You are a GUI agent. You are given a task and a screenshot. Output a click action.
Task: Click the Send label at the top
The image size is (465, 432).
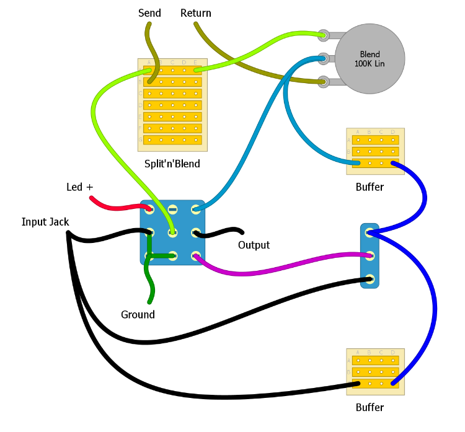pyautogui.click(x=149, y=13)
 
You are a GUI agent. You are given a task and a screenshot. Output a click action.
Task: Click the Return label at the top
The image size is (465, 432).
pyautogui.click(x=196, y=13)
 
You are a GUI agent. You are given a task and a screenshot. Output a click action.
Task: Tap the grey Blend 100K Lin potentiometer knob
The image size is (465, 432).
pyautogui.click(x=370, y=59)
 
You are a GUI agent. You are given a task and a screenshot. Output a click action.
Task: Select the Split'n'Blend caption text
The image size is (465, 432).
pyautogui.click(x=172, y=164)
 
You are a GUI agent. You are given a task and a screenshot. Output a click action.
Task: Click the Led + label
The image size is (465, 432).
pyautogui.click(x=79, y=187)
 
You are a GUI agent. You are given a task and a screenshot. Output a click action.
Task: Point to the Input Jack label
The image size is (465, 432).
pyautogui.click(x=45, y=221)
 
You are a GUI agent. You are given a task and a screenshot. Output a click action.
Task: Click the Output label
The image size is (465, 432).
pyautogui.click(x=254, y=245)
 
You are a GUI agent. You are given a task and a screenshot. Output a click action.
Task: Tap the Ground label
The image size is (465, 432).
pyautogui.click(x=138, y=314)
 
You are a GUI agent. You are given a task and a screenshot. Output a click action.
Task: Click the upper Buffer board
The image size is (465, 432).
pyautogui.click(x=375, y=151)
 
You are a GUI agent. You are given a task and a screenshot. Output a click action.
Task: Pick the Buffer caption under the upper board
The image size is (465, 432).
pyautogui.click(x=370, y=187)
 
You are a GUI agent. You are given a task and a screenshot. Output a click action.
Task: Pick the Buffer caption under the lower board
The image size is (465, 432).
pyautogui.click(x=370, y=407)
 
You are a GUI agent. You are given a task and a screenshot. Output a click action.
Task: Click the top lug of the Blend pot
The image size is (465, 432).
pyautogui.click(x=323, y=35)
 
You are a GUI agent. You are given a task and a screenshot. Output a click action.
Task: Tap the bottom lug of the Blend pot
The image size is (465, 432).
pyautogui.click(x=323, y=81)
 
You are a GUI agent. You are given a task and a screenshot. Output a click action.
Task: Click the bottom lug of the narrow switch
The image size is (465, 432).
pyautogui.click(x=370, y=279)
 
